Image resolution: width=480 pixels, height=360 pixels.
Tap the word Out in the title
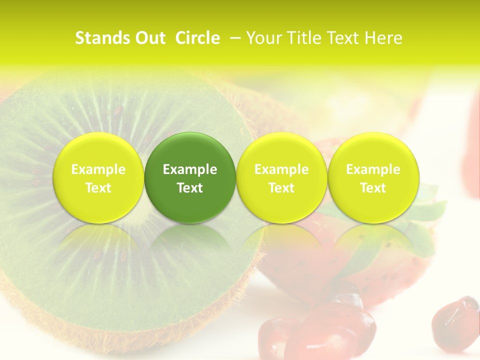point(150,38)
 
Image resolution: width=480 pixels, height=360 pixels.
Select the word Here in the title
point(383,38)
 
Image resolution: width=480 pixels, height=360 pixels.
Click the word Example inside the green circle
point(190,169)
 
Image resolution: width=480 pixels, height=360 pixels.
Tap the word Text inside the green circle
point(190,188)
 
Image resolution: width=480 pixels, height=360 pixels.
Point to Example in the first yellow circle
point(98,169)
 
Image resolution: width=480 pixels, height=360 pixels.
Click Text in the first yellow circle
point(98,188)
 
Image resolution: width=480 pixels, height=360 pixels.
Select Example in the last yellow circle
point(373,169)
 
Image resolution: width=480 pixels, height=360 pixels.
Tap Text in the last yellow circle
point(373,188)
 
